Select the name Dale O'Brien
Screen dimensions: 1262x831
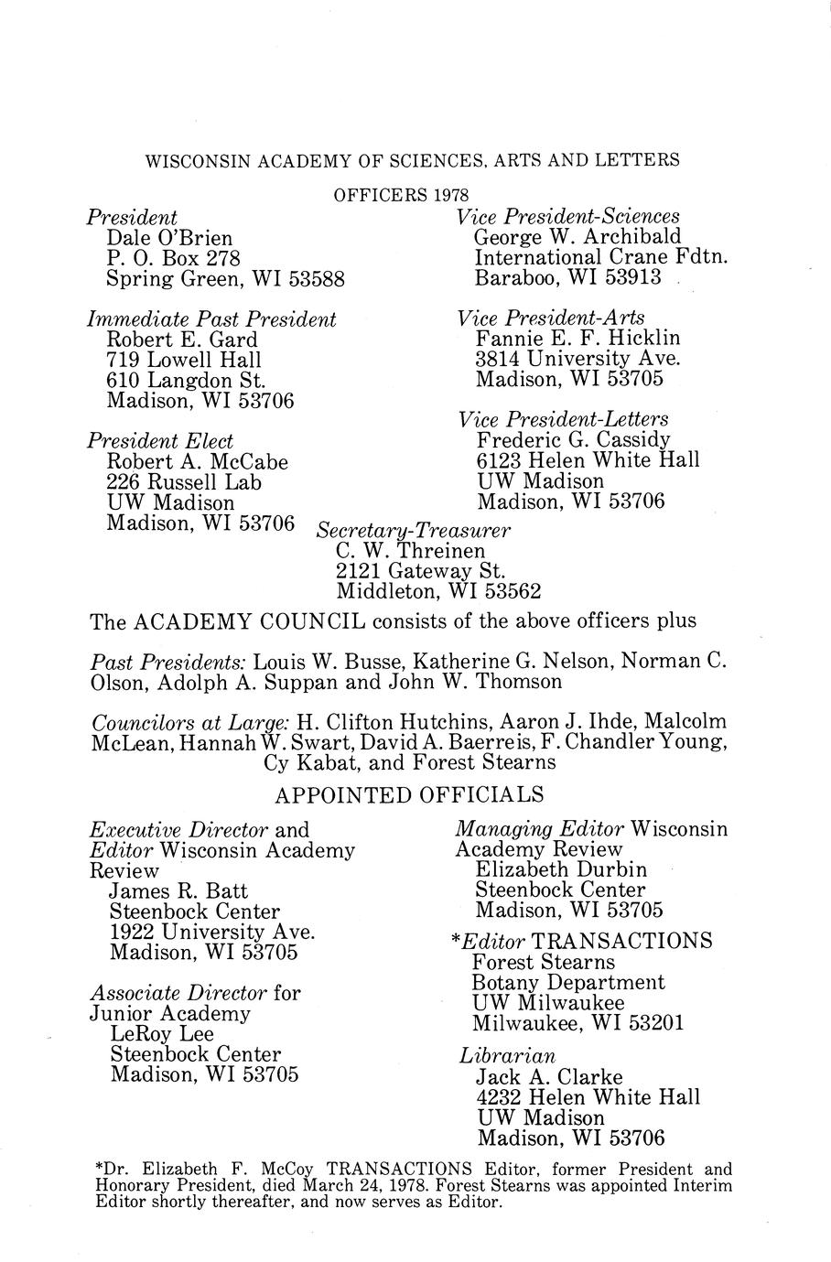(x=169, y=239)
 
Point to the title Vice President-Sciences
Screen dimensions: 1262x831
(x=567, y=216)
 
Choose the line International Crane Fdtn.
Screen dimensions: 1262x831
(x=601, y=257)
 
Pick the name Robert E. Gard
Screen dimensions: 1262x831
(x=182, y=340)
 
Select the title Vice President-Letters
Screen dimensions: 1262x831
(x=563, y=419)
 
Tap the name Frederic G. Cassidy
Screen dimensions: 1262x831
(x=573, y=439)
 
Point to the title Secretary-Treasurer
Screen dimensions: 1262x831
(x=412, y=531)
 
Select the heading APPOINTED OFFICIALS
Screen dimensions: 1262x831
(x=409, y=793)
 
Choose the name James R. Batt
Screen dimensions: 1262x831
(x=178, y=890)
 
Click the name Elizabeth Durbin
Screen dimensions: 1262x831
(x=561, y=869)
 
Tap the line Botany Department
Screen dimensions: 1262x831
(x=568, y=982)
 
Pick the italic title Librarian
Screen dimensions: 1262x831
(x=507, y=1056)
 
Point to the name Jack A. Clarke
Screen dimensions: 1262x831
(x=549, y=1077)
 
